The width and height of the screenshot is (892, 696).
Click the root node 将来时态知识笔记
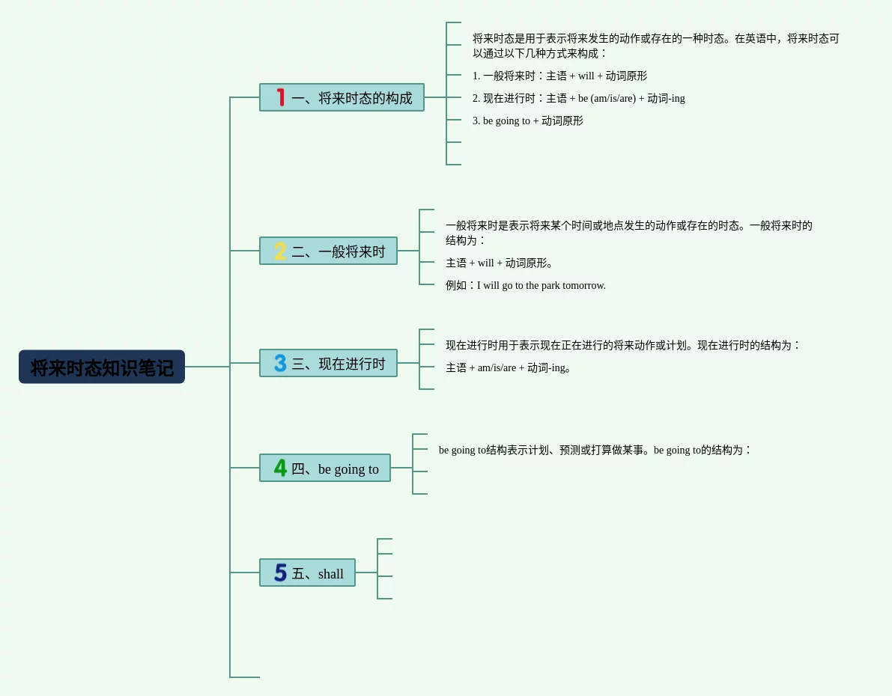pyautogui.click(x=102, y=367)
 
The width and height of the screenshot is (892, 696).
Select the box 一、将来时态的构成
pyautogui.click(x=342, y=97)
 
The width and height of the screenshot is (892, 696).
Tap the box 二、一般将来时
pyautogui.click(x=328, y=251)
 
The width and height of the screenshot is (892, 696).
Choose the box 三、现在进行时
pyautogui.click(x=328, y=363)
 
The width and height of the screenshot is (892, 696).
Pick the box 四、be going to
pyautogui.click(x=325, y=468)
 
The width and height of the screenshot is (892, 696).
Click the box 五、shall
pyautogui.click(x=307, y=573)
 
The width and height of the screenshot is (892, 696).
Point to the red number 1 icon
pyautogui.click(x=281, y=97)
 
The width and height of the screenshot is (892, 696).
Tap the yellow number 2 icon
pyautogui.click(x=280, y=251)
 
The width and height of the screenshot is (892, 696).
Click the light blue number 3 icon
pyautogui.click(x=280, y=363)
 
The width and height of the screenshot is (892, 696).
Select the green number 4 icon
pyautogui.click(x=280, y=468)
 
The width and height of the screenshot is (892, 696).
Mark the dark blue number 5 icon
pyautogui.click(x=280, y=573)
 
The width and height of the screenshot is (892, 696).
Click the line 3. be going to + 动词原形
pyautogui.click(x=527, y=120)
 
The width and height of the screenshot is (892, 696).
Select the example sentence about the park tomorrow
pyautogui.click(x=526, y=285)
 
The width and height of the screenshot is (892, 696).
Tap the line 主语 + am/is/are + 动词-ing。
pyautogui.click(x=509, y=367)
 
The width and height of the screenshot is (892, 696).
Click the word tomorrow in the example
pyautogui.click(x=583, y=285)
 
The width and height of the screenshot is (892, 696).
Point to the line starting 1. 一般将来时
pyautogui.click(x=559, y=76)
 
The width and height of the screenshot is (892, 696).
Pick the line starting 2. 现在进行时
pyautogui.click(x=578, y=98)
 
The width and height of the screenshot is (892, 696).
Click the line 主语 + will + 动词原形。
pyautogui.click(x=500, y=263)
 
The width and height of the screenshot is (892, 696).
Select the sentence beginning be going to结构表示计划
pyautogui.click(x=595, y=450)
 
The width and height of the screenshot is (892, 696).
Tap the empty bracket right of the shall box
pyautogui.click(x=384, y=569)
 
